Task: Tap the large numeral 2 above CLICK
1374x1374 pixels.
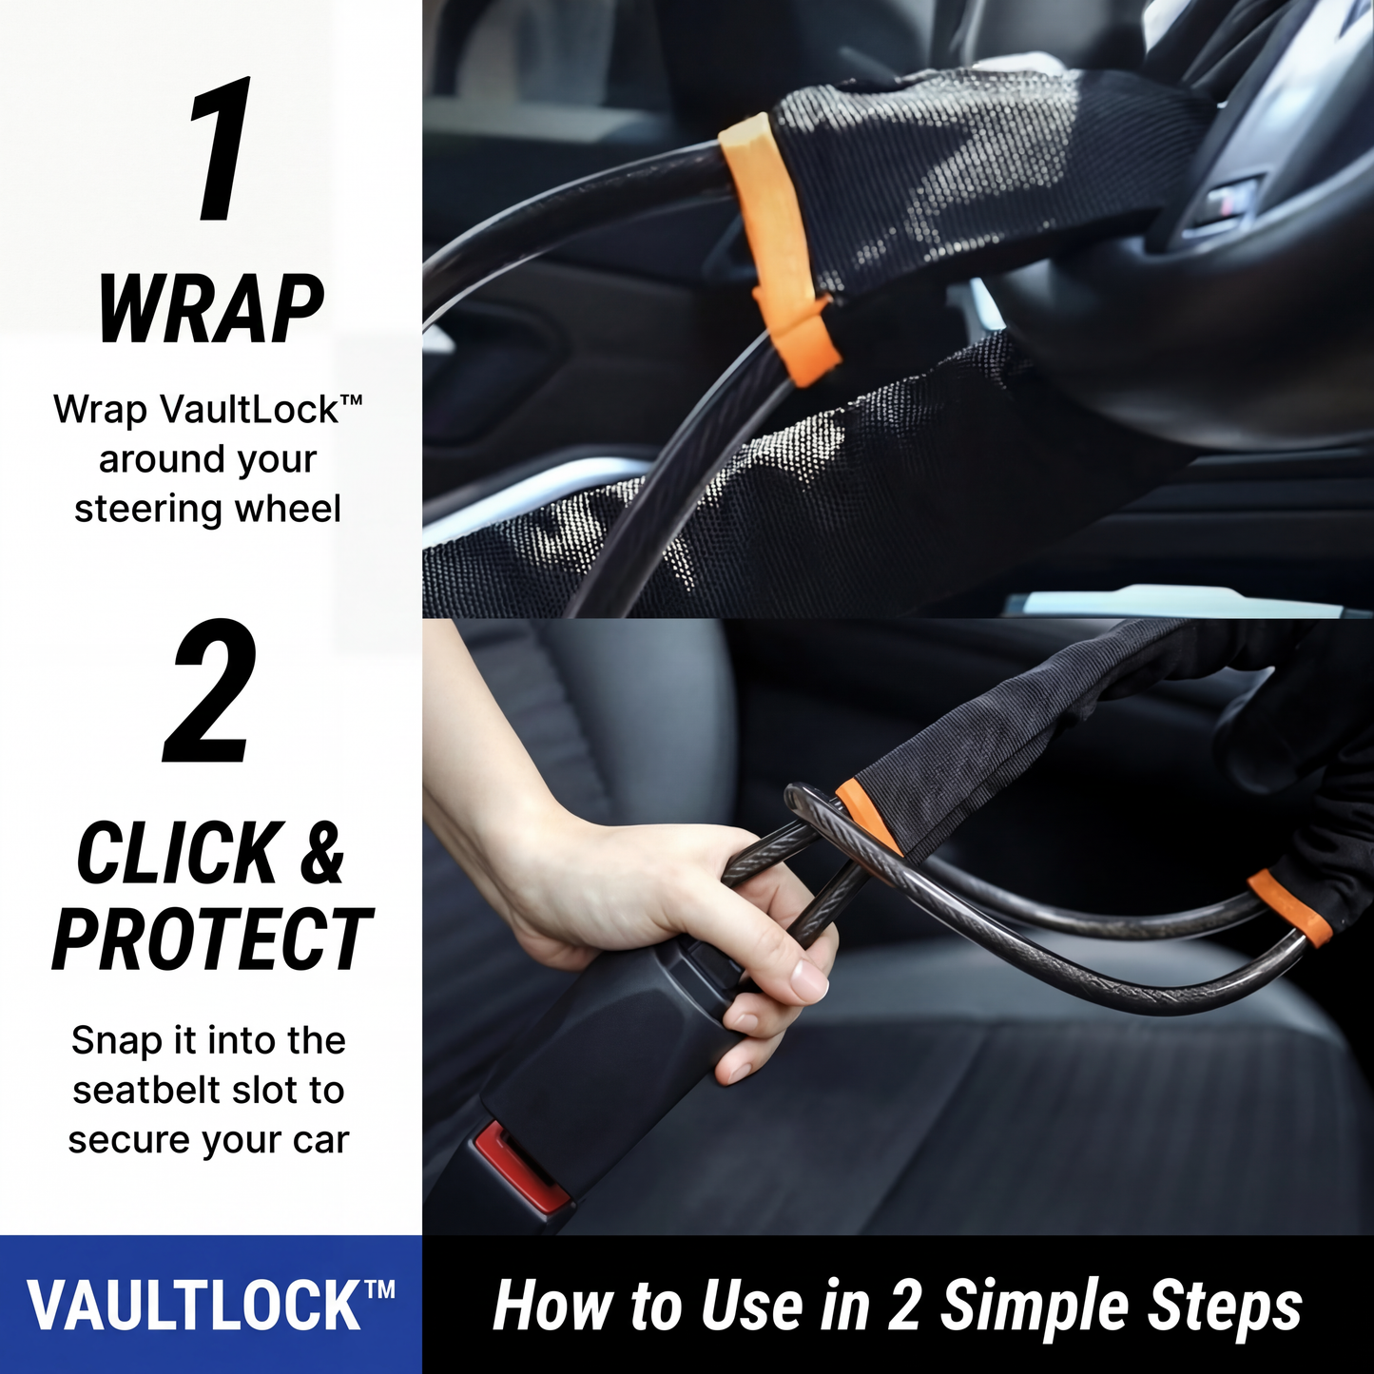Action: (210, 691)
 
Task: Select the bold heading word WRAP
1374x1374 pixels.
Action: (211, 309)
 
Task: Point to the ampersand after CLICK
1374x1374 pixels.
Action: (322, 854)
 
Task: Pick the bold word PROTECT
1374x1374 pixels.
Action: (211, 939)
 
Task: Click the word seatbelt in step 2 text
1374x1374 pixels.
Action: (153, 1091)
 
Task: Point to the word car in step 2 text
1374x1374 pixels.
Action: (319, 1140)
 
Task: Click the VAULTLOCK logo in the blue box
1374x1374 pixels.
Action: (210, 1306)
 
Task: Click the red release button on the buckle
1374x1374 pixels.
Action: (510, 1166)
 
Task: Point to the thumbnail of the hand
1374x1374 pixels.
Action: (808, 979)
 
